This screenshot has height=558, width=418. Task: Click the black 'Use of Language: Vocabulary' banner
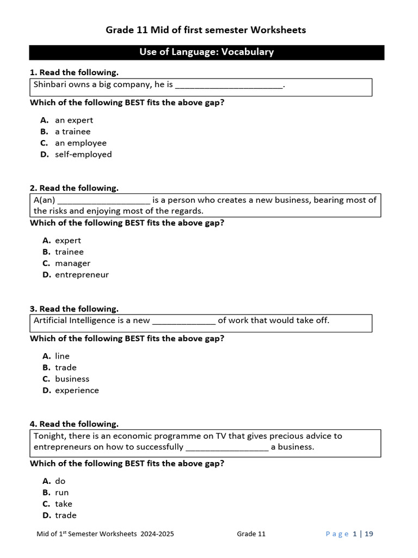pos(206,52)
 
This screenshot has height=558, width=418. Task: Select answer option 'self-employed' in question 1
pos(83,154)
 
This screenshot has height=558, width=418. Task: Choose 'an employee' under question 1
pos(81,143)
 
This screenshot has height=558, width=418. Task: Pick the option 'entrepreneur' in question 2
pos(82,275)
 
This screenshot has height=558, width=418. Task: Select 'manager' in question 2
pos(72,263)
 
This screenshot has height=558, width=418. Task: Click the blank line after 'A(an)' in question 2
pos(103,200)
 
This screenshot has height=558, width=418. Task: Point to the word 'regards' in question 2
pos(187,211)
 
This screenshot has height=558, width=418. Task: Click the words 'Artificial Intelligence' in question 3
pos(75,320)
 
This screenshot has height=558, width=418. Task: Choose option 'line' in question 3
pos(62,356)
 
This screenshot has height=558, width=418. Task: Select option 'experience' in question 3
pos(77,390)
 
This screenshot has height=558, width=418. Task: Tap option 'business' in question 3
pos(72,379)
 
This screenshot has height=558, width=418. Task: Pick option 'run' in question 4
pos(62,492)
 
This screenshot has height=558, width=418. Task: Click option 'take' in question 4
pos(63,504)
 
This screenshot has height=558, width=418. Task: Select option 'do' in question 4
pos(60,481)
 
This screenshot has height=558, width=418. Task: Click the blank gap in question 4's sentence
pos(227,447)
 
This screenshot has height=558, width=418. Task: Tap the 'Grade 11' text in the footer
pos(251,534)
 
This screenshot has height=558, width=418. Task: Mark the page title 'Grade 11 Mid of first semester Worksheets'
pos(206,30)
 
